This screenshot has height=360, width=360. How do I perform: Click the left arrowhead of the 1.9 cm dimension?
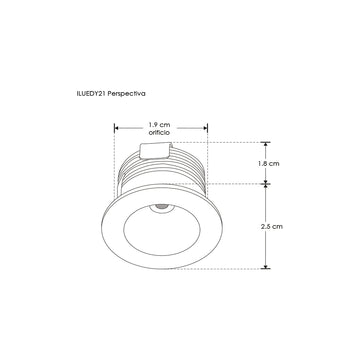pos(117,127)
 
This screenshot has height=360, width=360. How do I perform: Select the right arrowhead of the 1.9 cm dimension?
pos(205,127)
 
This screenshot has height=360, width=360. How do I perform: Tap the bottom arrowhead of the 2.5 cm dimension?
pos(267,267)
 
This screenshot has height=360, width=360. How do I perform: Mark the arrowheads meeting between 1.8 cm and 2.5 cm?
pos(267,183)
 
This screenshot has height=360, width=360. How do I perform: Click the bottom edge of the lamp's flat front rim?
pos(160,268)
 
